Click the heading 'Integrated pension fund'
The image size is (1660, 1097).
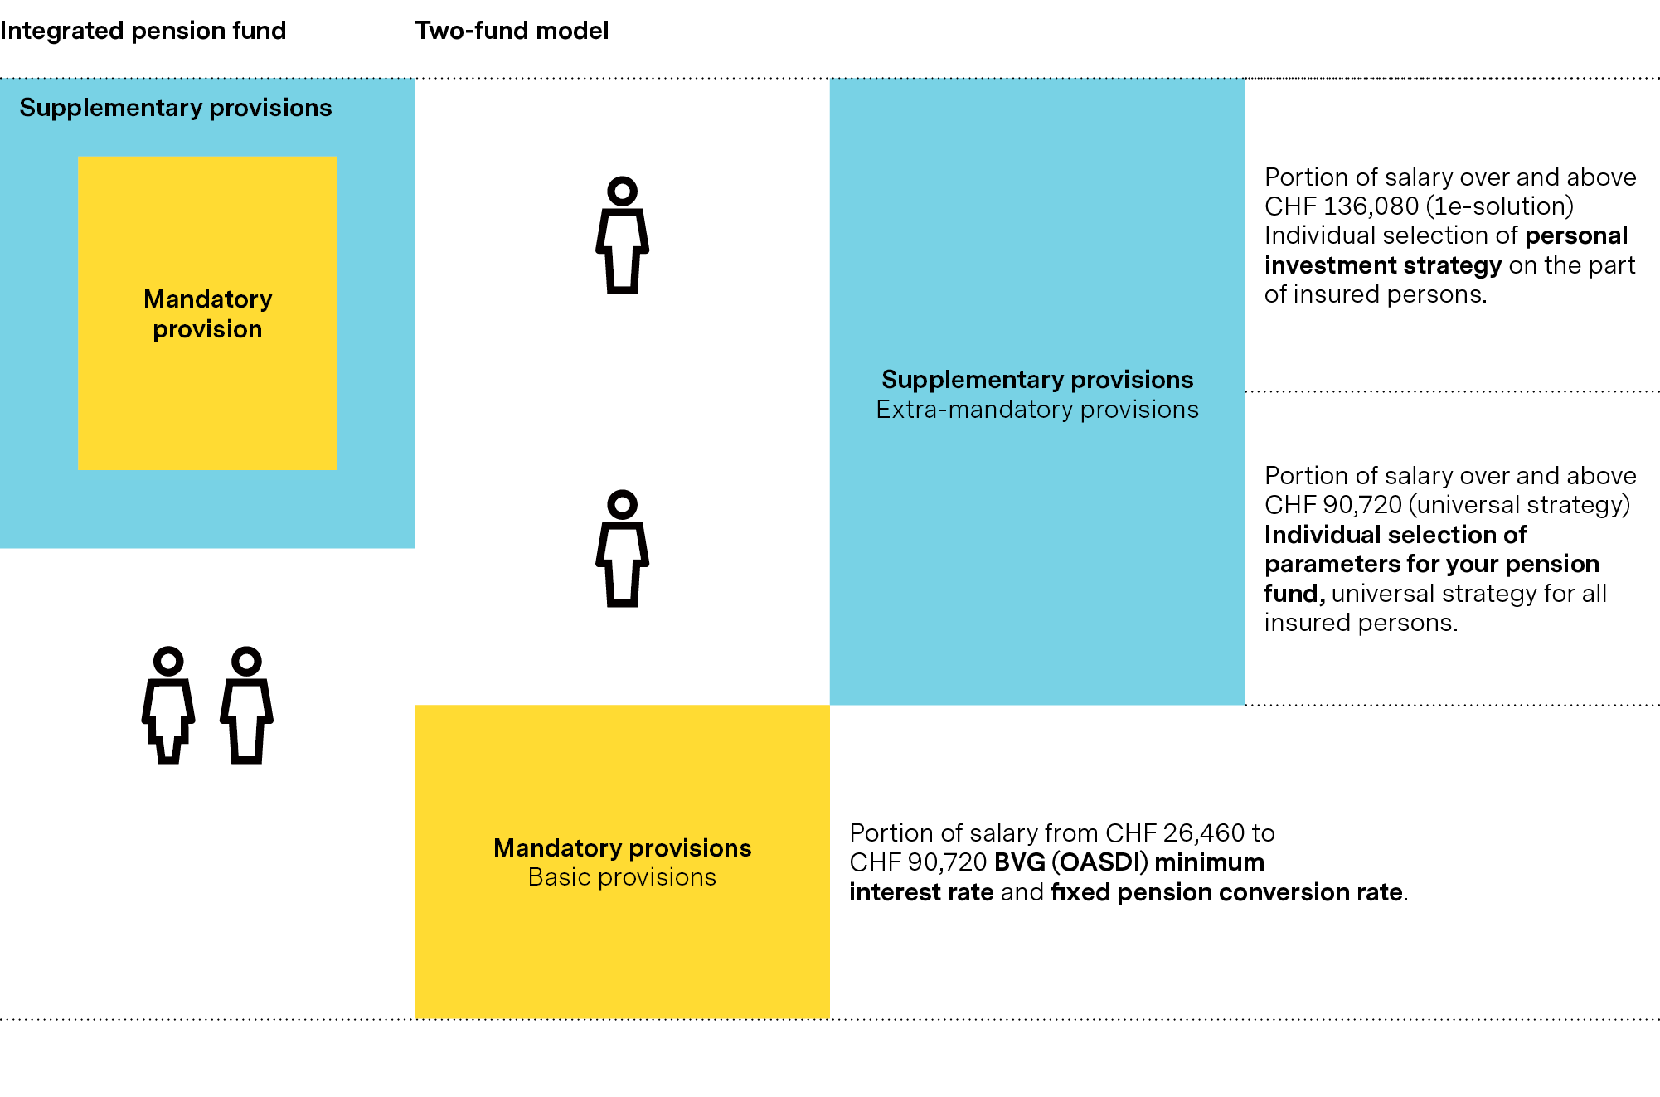click(143, 31)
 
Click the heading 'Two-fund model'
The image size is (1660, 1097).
click(512, 31)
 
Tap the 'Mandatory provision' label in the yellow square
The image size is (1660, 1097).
click(207, 313)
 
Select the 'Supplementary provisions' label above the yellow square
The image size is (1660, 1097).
click(175, 108)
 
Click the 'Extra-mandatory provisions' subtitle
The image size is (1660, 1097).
click(1036, 410)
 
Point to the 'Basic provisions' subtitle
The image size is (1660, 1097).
click(622, 877)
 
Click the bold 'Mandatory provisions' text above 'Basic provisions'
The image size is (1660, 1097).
click(622, 847)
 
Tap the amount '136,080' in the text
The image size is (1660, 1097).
click(1371, 206)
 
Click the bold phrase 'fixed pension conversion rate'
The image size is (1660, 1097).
click(1227, 892)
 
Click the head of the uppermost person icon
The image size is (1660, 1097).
click(622, 192)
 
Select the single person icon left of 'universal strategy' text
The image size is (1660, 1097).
click(622, 548)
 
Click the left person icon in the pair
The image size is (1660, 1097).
click(168, 705)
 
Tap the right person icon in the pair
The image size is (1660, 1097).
click(246, 705)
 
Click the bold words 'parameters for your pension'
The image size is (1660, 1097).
click(1431, 564)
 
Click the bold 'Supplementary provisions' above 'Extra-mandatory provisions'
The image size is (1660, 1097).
click(1036, 380)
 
